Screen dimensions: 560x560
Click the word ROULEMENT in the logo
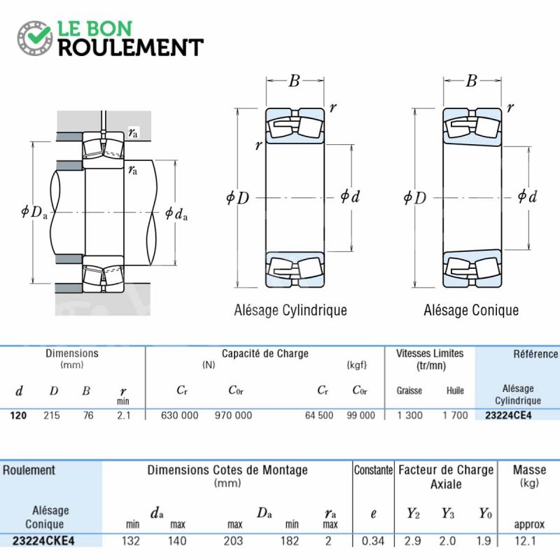pos(131,48)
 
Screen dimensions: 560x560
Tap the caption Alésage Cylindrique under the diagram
pos(290,310)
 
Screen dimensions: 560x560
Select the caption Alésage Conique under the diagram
pos(471,310)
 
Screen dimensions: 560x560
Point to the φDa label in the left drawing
pos(34,212)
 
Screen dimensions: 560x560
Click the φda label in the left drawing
pos(176,213)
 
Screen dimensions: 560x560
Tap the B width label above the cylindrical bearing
pos(294,81)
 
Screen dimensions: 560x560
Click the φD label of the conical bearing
pos(414,197)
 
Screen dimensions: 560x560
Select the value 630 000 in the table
pos(179,415)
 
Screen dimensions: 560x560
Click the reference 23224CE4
pos(508,415)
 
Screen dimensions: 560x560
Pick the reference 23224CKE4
pos(43,541)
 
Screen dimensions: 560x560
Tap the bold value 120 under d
pos(18,415)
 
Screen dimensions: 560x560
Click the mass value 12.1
pos(525,541)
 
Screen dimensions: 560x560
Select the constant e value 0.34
pos(373,541)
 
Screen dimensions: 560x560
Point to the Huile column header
pos(455,391)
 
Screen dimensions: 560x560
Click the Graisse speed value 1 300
pos(409,415)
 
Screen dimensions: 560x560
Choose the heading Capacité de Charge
pos(265,353)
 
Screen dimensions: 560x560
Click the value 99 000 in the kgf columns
pos(360,415)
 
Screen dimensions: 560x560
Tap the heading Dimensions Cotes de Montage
pos(227,470)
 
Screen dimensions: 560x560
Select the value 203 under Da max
pos(233,541)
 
